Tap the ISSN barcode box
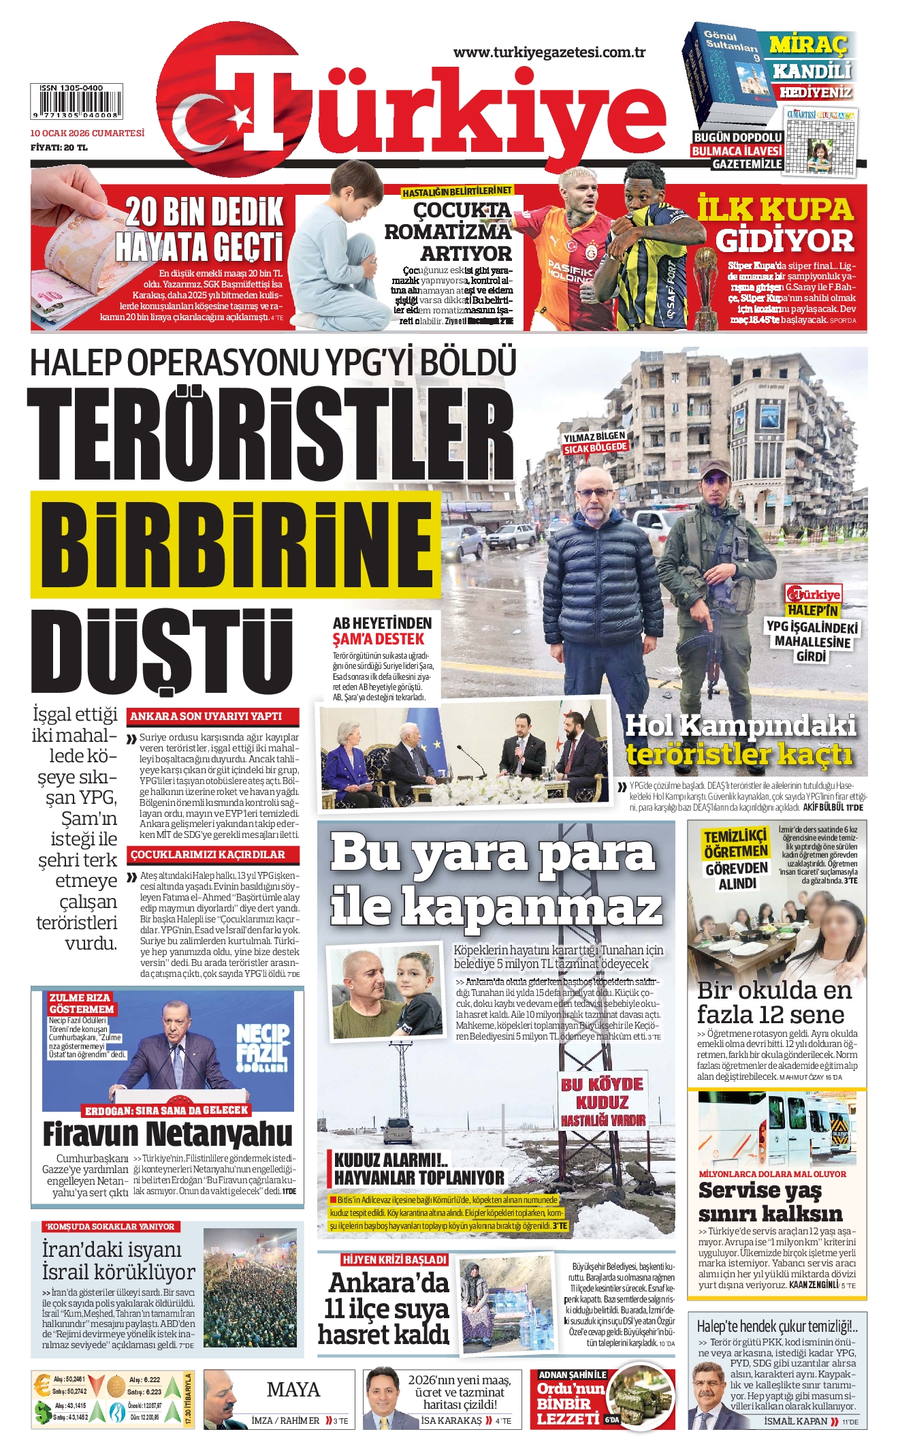[76, 102]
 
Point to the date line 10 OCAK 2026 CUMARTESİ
[87, 134]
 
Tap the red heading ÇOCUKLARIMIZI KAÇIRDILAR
[207, 855]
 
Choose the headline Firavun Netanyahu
[167, 1134]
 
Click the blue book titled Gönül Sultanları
[728, 75]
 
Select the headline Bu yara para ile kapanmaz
[495, 879]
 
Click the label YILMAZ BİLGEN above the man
[594, 436]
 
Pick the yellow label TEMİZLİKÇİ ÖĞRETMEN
[735, 844]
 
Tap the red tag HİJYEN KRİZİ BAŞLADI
[394, 1260]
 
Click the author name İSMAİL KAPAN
[795, 1421]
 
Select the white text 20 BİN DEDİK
[204, 213]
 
